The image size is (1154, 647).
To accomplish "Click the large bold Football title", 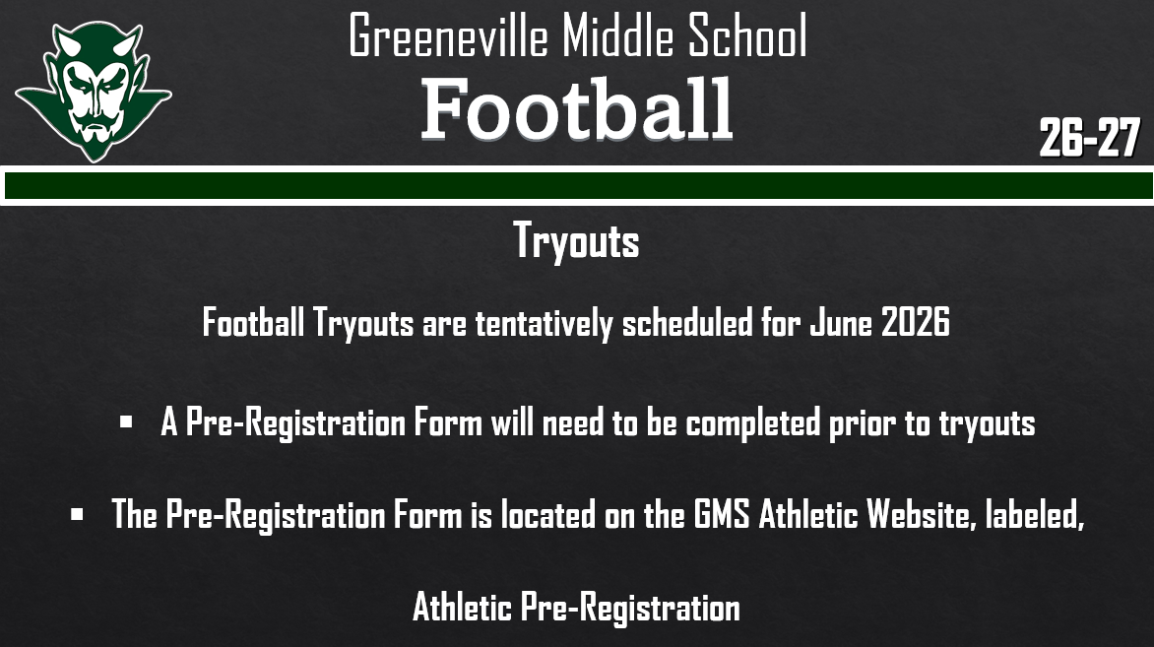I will pyautogui.click(x=577, y=109).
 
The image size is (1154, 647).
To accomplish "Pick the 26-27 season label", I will pyautogui.click(x=1089, y=139).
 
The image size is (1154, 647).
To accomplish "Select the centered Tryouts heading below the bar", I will pyautogui.click(x=576, y=241).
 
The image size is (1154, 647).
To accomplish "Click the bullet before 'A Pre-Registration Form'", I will pyautogui.click(x=125, y=422).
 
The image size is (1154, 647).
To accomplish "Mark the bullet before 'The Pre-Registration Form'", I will pyautogui.click(x=77, y=513).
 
